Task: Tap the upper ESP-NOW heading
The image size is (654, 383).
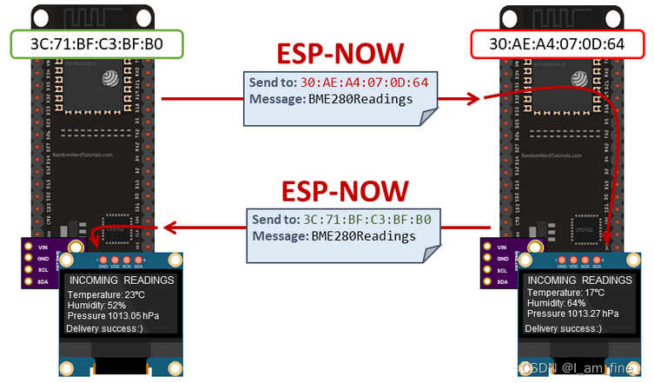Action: pyautogui.click(x=340, y=55)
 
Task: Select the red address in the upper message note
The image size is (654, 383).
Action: pyautogui.click(x=368, y=83)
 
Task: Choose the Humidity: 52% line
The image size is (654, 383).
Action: pyautogui.click(x=97, y=305)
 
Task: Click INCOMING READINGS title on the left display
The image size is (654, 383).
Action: pyautogui.click(x=121, y=281)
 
